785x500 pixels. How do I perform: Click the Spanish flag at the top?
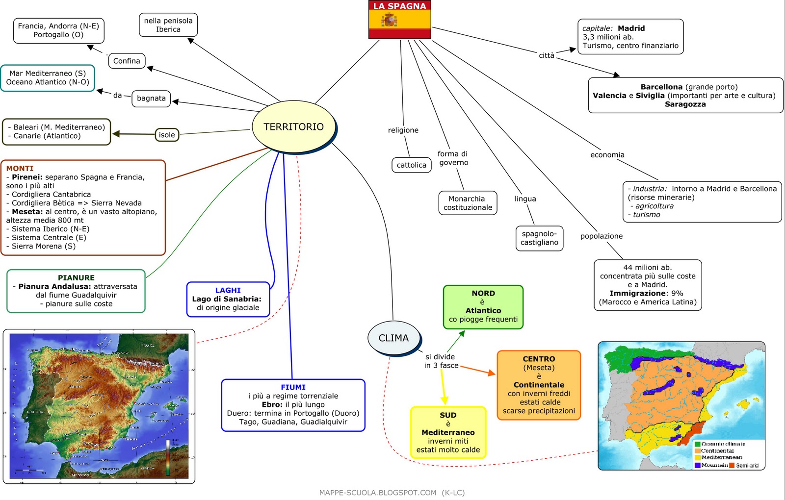tap(399, 20)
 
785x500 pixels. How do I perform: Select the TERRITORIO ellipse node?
tap(293, 127)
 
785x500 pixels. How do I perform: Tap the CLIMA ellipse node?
tap(393, 338)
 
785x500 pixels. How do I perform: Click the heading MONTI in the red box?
tap(20, 168)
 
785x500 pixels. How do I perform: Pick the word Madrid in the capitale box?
tap(631, 28)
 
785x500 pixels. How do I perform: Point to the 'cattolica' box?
tap(411, 165)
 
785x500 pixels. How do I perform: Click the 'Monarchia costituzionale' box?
tap(467, 203)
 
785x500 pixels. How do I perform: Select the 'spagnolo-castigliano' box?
tap(539, 238)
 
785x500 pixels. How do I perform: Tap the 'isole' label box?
tap(167, 135)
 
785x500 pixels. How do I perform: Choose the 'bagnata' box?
tap(151, 99)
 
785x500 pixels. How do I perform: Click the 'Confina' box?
tap(127, 61)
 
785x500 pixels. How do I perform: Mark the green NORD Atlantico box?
tap(483, 307)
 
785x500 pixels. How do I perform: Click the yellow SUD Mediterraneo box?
tap(448, 432)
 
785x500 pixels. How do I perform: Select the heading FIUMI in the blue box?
tap(293, 387)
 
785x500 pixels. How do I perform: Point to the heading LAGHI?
tap(228, 290)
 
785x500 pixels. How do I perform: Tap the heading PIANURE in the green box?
tap(76, 277)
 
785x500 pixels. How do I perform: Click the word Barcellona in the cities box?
tap(661, 87)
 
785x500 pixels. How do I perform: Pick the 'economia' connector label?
tap(607, 155)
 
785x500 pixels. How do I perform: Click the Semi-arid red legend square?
tap(732, 465)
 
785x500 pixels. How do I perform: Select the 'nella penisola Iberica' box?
tap(168, 25)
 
